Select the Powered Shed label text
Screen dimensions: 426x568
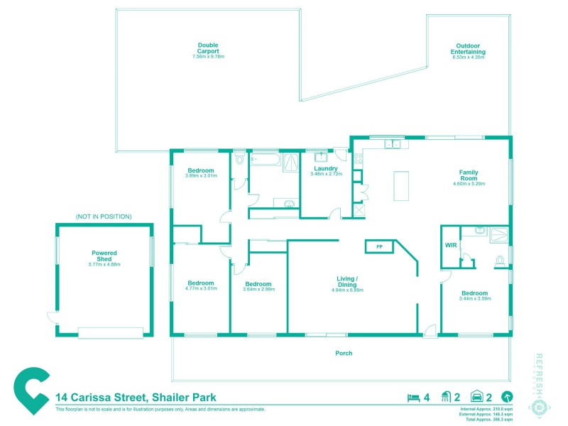tap(104, 256)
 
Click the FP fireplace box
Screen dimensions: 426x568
tap(379, 246)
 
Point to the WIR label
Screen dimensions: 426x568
tap(450, 245)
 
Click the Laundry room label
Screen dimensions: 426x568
tap(325, 169)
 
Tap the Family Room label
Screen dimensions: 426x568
tap(468, 173)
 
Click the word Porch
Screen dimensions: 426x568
tap(344, 353)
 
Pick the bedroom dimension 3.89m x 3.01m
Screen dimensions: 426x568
tap(201, 175)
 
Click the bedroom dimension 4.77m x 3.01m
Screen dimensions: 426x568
tap(200, 289)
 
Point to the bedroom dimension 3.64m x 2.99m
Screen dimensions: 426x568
tap(257, 289)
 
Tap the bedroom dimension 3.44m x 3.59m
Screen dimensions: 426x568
tap(474, 299)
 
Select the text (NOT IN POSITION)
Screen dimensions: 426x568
tap(104, 217)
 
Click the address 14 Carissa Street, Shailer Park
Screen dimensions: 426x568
tap(136, 398)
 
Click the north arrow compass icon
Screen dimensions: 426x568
tap(507, 398)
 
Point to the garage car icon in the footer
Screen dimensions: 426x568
tap(477, 398)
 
